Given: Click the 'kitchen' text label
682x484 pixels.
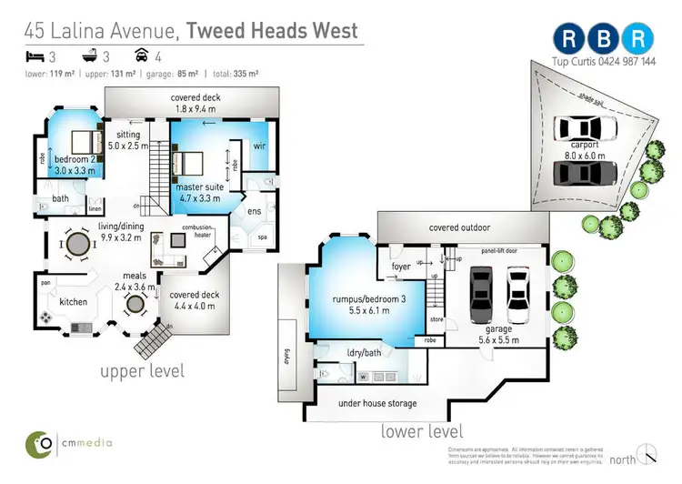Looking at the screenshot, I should pyautogui.click(x=73, y=301).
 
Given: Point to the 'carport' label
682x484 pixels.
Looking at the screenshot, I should pyautogui.click(x=585, y=145).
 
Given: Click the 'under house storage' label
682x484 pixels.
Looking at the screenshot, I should pyautogui.click(x=364, y=403).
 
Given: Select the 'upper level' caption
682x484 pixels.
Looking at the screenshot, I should pyautogui.click(x=144, y=370).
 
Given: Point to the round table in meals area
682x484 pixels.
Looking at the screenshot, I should pyautogui.click(x=135, y=303).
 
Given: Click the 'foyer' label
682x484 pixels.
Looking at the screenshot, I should pyautogui.click(x=401, y=267).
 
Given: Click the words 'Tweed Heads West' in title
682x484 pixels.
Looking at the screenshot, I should pyautogui.click(x=273, y=31).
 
